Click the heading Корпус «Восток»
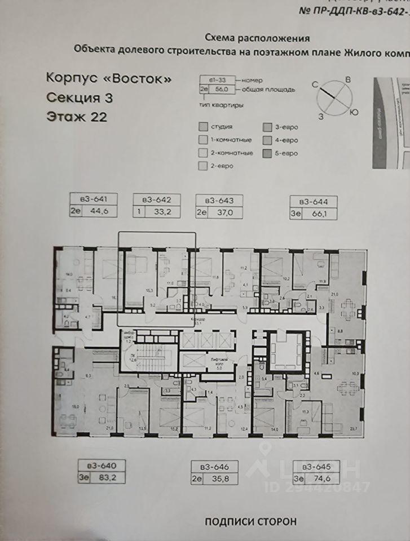pyautogui.click(x=108, y=78)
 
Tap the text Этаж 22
pyautogui.click(x=74, y=117)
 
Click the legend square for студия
pyautogui.click(x=202, y=127)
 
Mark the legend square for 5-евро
pyautogui.click(x=267, y=153)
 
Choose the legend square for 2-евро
pyautogui.click(x=202, y=166)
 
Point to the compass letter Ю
pyautogui.click(x=354, y=112)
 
